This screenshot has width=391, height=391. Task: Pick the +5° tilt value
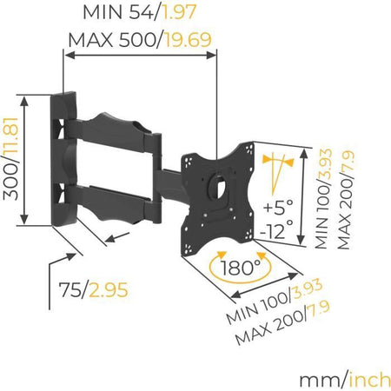279,209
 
